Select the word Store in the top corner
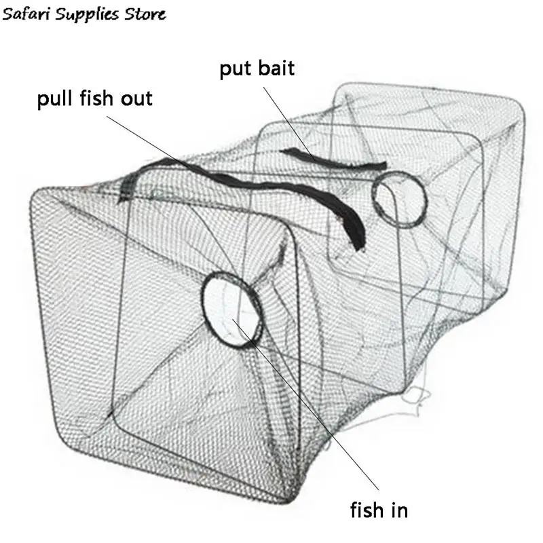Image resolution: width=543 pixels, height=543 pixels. (140, 13)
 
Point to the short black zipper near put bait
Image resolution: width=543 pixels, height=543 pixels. (333, 159)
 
